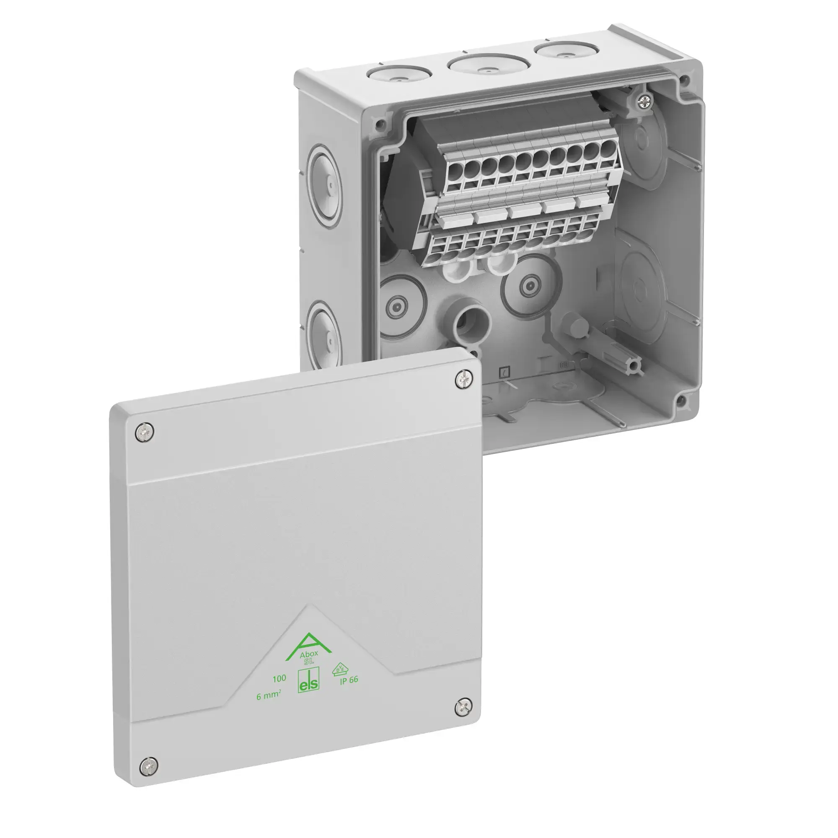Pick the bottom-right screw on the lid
(x=463, y=709)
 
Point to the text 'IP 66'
(x=349, y=680)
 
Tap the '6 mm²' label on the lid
(x=269, y=696)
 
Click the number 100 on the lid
(x=279, y=678)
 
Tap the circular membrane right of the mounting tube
(x=528, y=286)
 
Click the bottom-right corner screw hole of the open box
(x=681, y=399)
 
